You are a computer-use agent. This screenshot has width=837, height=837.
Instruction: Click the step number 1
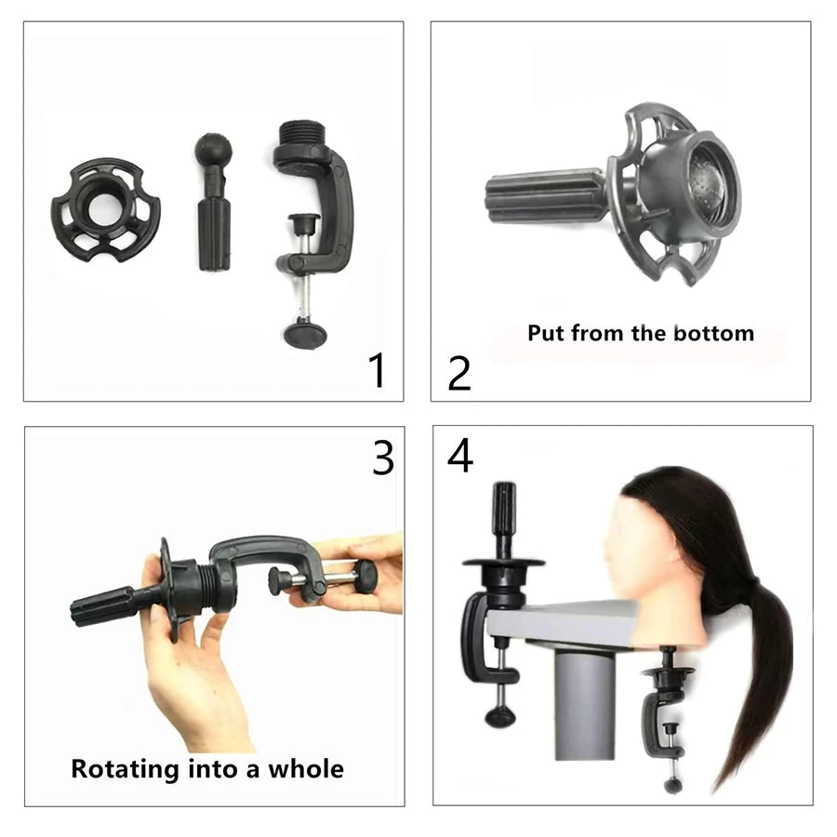coord(377,369)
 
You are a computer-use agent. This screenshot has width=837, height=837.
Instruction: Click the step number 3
coord(383,457)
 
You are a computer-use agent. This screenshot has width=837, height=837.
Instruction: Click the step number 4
coord(459,457)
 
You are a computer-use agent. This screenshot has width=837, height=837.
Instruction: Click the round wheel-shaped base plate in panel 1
coord(104,209)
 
